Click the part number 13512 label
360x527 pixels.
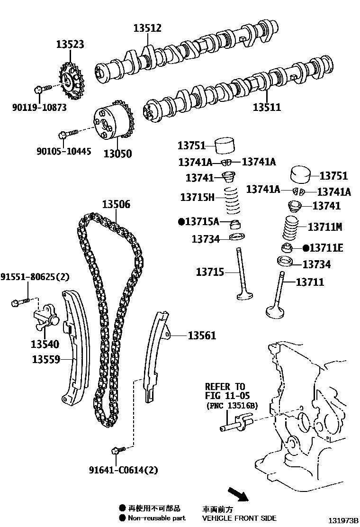pos(147,28)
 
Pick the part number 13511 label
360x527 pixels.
pos(266,107)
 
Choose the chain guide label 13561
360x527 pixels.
pos(202,336)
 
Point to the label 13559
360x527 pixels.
pos(46,359)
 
